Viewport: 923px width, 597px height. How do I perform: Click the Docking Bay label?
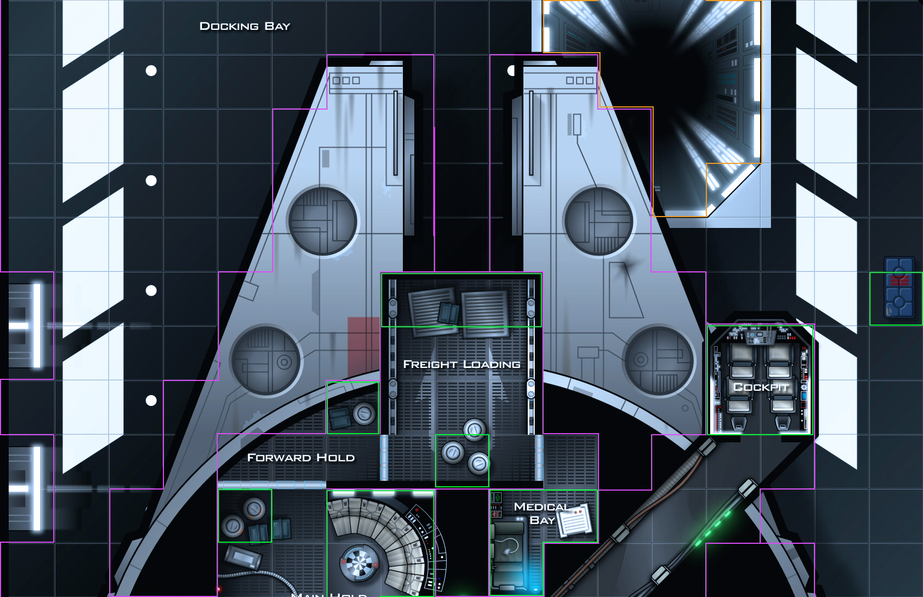pos(245,26)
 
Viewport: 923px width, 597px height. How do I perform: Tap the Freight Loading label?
pos(461,364)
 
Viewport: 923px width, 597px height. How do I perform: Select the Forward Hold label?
pos(301,458)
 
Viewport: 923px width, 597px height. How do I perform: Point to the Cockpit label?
pos(760,387)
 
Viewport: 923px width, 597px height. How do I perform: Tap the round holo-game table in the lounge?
pos(358,562)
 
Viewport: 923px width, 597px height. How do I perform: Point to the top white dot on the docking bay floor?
pos(151,71)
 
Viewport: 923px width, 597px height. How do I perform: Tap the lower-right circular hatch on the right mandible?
pos(659,360)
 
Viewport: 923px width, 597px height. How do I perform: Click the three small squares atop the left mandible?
pos(346,80)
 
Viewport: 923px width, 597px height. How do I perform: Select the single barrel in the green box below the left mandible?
pos(364,414)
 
